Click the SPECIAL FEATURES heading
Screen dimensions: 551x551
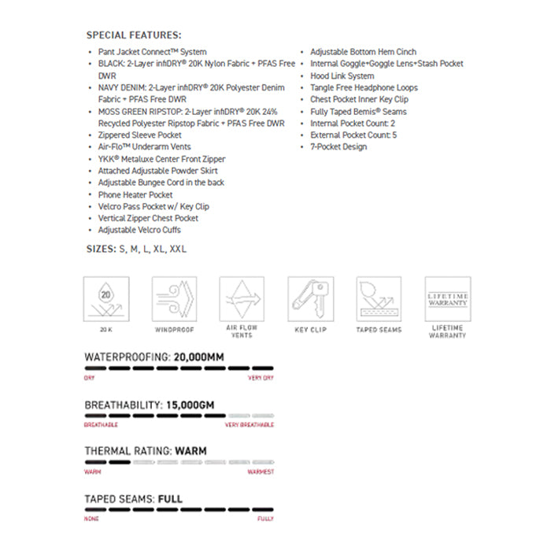[x=134, y=35]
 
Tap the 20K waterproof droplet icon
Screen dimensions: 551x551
[x=107, y=299]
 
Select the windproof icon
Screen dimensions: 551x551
[x=175, y=299]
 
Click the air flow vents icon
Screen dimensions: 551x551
[x=242, y=299]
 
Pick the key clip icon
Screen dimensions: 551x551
[x=311, y=299]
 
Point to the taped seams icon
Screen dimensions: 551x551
[x=379, y=299]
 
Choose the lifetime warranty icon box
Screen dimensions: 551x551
[x=447, y=299]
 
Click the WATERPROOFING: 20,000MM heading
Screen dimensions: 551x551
[x=154, y=357]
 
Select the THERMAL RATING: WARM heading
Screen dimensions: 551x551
[x=146, y=452]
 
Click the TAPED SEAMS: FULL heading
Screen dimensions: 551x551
[x=134, y=499]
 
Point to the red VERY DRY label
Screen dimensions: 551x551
[x=261, y=378]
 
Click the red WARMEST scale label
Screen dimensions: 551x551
[x=261, y=472]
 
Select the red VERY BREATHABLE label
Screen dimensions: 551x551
[x=250, y=425]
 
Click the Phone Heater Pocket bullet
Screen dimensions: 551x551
[x=135, y=194]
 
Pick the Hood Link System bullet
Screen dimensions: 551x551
[x=342, y=76]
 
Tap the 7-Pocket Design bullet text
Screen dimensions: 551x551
[x=338, y=147]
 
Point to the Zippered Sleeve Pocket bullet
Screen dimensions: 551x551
[x=139, y=135]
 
